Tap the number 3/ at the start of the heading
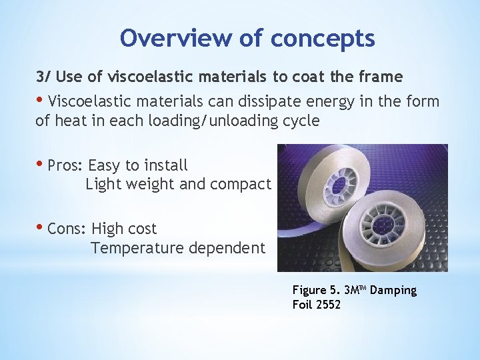tap(42, 77)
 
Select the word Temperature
tap(137, 249)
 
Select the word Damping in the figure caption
tap(393, 290)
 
